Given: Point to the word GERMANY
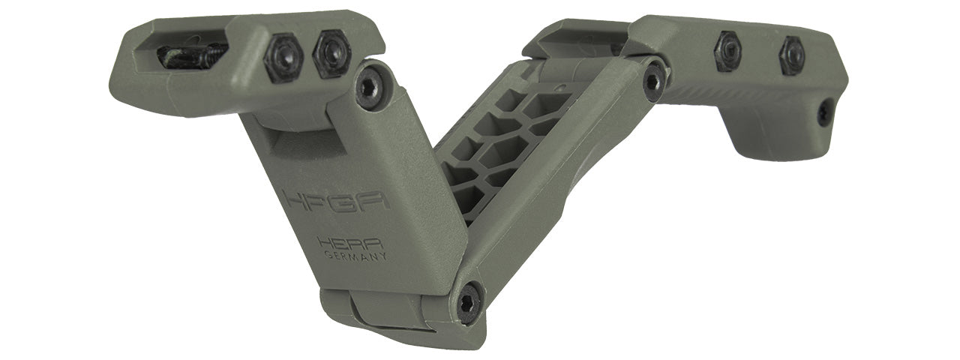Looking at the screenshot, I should [355, 256].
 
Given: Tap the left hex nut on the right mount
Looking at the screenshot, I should [727, 51].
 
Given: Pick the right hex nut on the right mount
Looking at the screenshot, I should [790, 55].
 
